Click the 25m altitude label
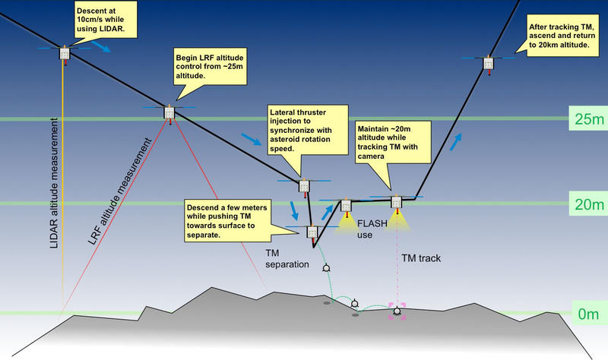(x=586, y=118)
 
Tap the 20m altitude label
(x=586, y=204)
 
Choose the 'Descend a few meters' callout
(x=237, y=220)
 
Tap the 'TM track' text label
(x=420, y=258)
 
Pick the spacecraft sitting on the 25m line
(x=169, y=112)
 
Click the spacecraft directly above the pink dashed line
(x=396, y=202)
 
